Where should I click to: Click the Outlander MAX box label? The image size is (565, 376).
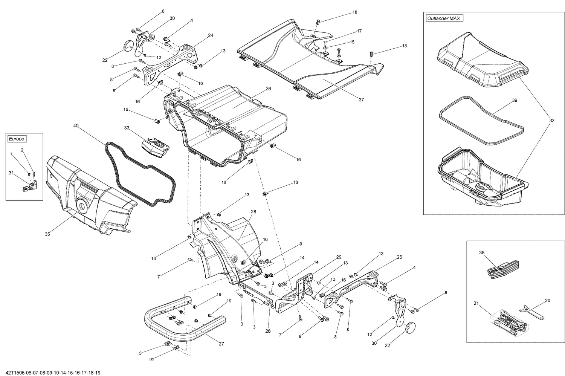tap(444, 18)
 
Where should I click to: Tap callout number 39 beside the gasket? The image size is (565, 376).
tap(515, 101)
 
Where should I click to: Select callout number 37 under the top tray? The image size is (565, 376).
tap(361, 100)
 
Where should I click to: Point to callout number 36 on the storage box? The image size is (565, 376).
tap(268, 89)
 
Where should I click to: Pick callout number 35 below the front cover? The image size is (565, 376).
tap(47, 234)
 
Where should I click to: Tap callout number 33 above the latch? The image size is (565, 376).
tap(127, 128)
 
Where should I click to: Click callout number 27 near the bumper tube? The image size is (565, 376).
tap(221, 343)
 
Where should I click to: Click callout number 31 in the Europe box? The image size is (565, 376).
tap(11, 173)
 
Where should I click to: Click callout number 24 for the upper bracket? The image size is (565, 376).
tap(210, 35)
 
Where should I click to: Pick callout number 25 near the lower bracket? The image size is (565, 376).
tap(399, 257)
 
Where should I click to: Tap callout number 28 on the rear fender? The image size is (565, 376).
tap(253, 212)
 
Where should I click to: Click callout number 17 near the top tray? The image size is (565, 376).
tap(359, 31)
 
